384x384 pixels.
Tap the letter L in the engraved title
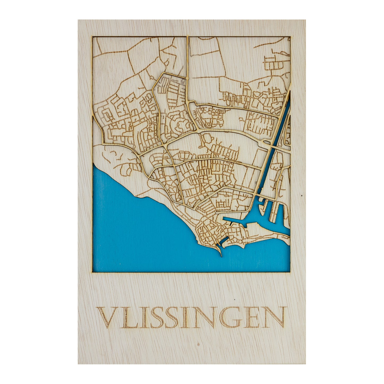[127, 318]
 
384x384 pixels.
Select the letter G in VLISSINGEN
[230, 318]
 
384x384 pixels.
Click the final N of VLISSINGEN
[274, 318]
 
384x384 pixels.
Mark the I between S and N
[187, 318]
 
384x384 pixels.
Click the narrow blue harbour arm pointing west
[234, 219]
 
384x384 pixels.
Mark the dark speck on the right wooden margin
[302, 196]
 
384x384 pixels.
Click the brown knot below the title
[198, 345]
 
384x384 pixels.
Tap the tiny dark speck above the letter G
[234, 300]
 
